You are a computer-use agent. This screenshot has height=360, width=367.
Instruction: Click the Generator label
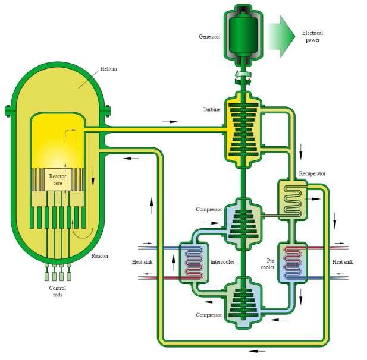tap(209, 37)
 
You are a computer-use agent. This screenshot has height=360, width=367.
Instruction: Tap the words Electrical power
tap(313, 36)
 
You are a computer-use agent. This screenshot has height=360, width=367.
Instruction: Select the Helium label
tap(108, 69)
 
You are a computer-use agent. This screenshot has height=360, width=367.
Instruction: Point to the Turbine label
tap(211, 110)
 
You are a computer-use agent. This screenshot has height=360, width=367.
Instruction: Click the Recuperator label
tap(312, 173)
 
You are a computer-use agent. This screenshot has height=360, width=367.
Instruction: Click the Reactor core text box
tap(58, 179)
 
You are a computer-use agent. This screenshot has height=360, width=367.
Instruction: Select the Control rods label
tap(57, 291)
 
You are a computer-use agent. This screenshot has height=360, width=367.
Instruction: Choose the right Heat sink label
tap(343, 262)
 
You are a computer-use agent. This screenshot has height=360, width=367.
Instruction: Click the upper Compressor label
tap(209, 210)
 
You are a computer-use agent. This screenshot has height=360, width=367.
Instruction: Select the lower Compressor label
tap(209, 315)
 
